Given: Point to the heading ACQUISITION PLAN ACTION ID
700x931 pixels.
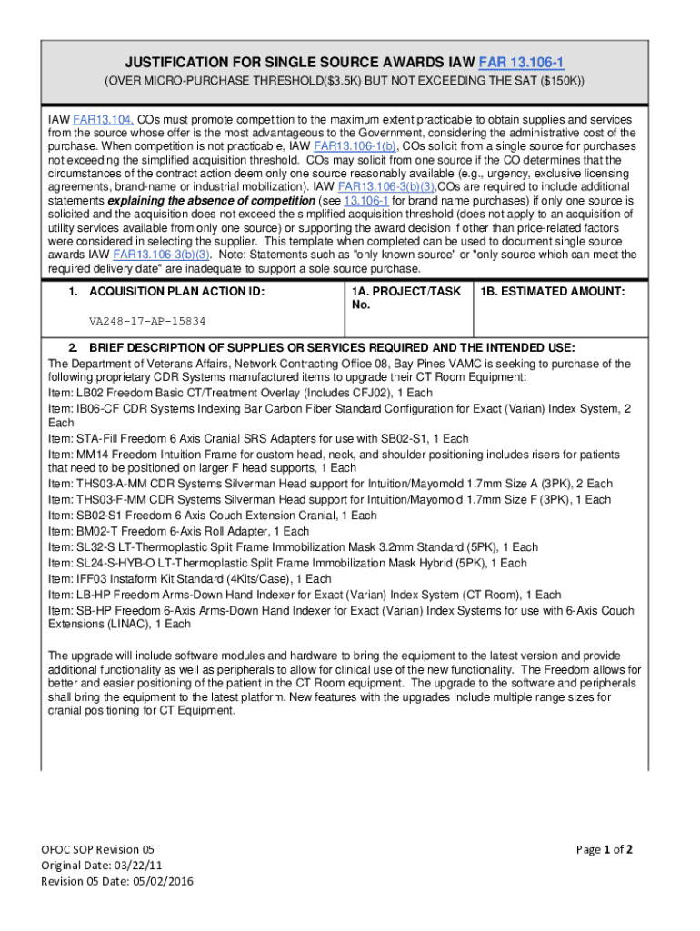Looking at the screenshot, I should (175, 291).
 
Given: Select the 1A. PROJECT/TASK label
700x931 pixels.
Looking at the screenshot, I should (405, 291).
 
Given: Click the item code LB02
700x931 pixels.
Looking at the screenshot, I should (92, 392).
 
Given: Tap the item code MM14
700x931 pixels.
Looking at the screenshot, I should (94, 455).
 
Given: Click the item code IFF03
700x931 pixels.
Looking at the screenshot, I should (94, 578).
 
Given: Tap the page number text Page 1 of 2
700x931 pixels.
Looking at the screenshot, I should (605, 850).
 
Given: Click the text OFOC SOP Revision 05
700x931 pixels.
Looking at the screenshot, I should (108, 850).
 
